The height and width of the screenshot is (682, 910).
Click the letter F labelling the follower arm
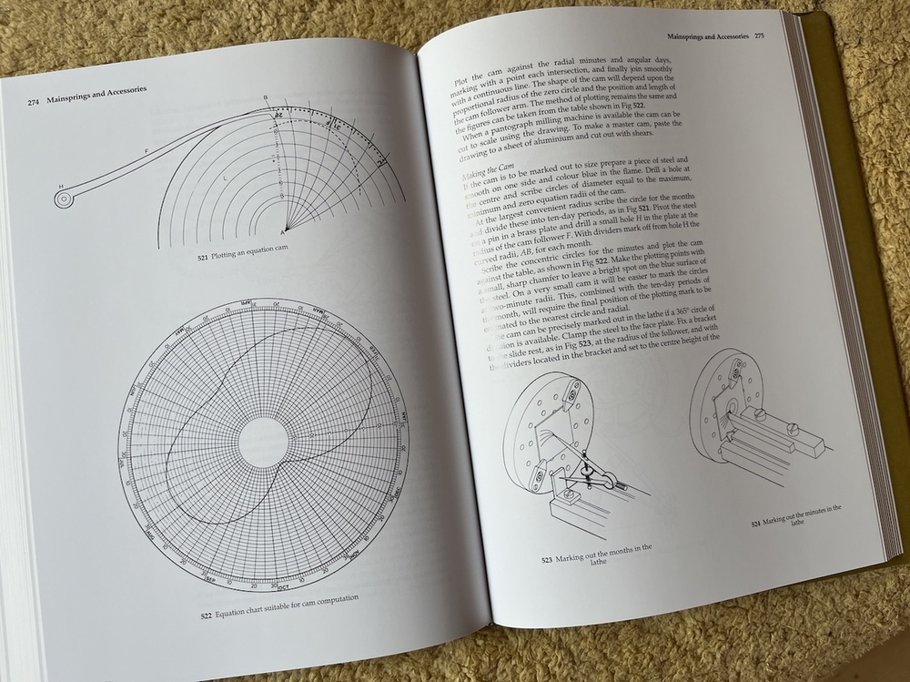[145, 149]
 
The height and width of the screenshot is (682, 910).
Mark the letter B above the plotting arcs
[265, 97]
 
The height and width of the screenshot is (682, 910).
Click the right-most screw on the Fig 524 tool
[792, 426]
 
